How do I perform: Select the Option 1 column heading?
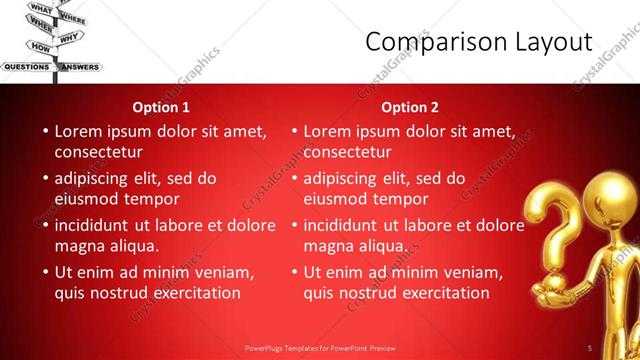coord(161,107)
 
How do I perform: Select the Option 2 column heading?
coord(410,107)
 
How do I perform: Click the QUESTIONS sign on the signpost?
coord(27,67)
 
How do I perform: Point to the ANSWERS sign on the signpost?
coord(80,67)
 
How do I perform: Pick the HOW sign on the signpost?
coord(40,47)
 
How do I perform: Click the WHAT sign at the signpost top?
coord(41,8)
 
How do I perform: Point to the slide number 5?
coord(590,348)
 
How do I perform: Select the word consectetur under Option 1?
coord(98,152)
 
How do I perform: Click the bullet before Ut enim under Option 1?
coord(45,272)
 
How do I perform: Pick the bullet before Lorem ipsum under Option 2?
coord(294,131)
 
